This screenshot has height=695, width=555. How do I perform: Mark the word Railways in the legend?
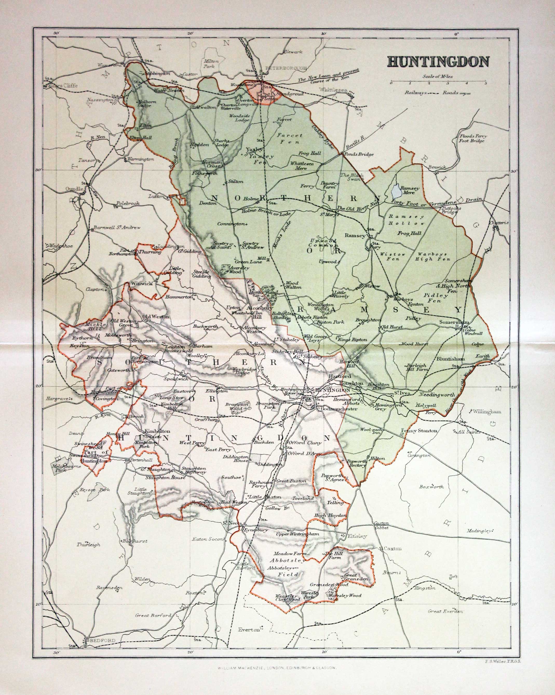tap(416, 92)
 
